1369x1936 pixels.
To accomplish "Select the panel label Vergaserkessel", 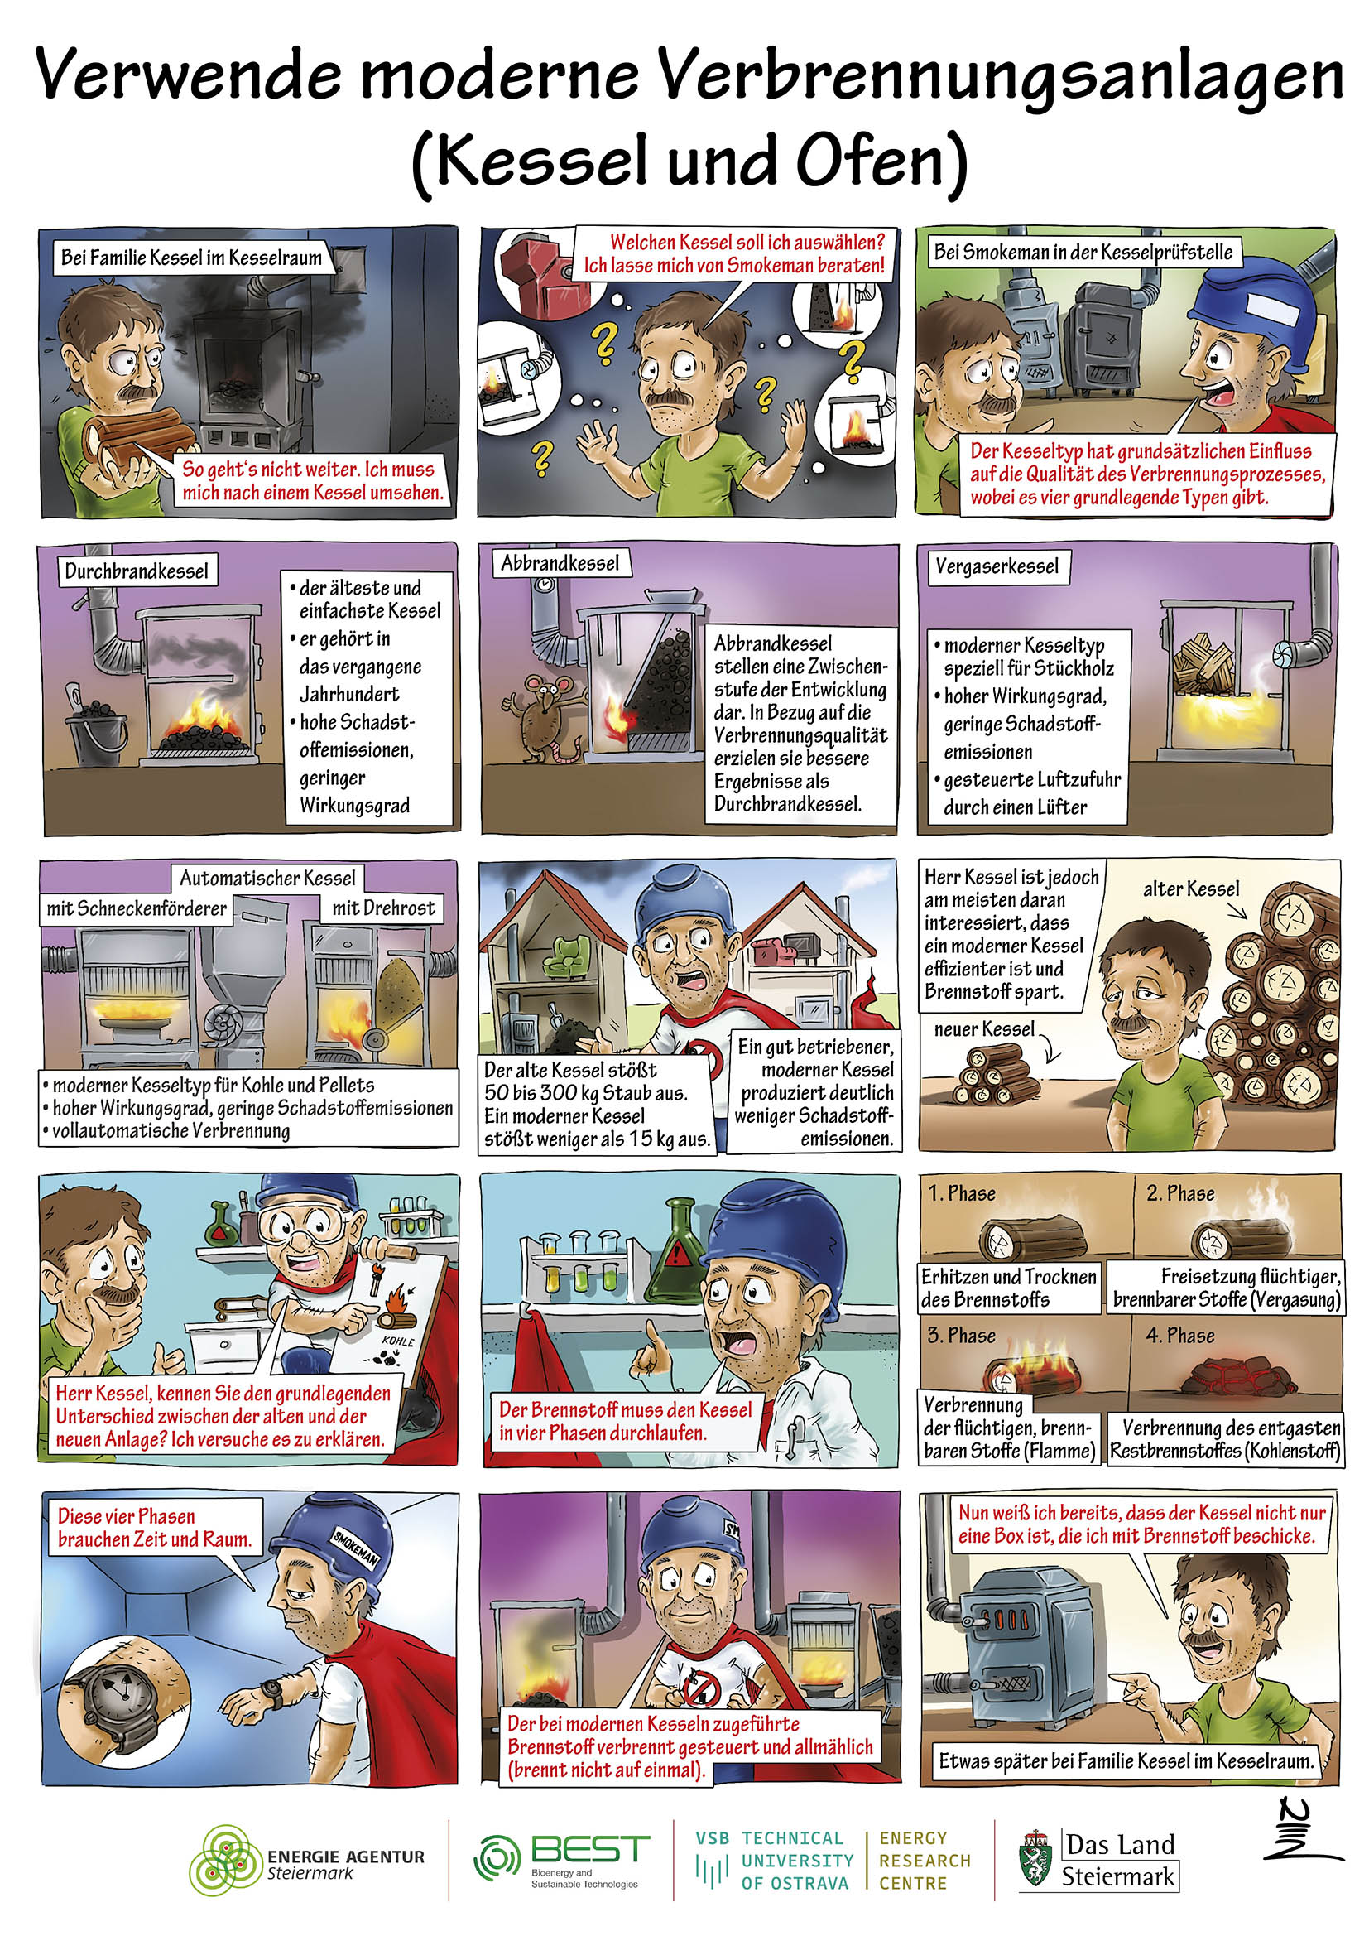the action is [x=997, y=566].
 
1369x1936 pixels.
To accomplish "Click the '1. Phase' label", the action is [x=961, y=1193].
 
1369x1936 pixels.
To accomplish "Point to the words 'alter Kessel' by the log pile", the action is [x=1191, y=889].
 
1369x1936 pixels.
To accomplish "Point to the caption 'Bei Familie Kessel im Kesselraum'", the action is [x=191, y=258].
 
